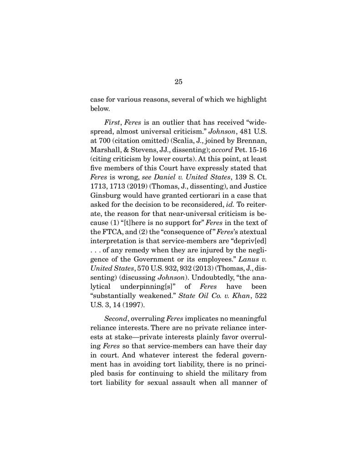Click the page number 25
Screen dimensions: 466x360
tap(178, 82)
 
